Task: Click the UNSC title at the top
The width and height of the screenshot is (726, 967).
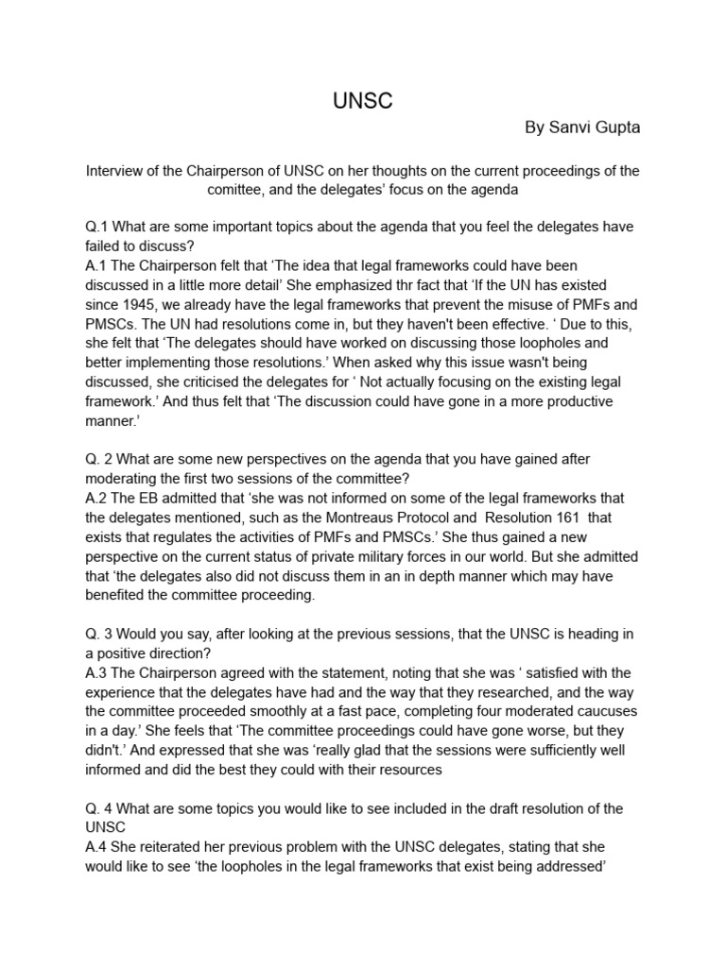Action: point(362,102)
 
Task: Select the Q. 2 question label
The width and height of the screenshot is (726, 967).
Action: point(101,459)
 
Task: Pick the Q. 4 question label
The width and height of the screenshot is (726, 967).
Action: point(101,808)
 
